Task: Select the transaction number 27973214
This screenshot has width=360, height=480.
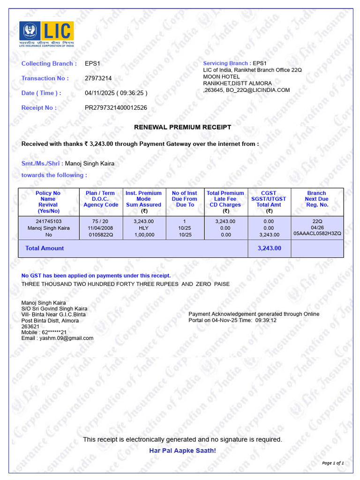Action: coord(98,78)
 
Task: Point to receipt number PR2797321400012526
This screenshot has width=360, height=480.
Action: coord(116,108)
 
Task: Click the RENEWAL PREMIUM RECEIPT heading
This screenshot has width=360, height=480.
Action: coord(183,127)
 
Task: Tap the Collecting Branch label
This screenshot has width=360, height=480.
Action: coord(49,64)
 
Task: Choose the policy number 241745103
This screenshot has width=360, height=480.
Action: coord(48,221)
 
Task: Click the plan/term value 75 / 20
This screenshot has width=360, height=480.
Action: coord(100,221)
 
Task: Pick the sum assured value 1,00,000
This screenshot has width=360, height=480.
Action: coord(143,235)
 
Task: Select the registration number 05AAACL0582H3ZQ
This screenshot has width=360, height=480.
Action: coord(317,233)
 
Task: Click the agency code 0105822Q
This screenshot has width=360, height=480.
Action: coord(100,235)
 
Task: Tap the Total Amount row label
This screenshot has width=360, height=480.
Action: coord(45,248)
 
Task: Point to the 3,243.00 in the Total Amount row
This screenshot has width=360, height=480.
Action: coord(269,248)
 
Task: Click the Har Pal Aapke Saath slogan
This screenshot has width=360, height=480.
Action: coord(182,451)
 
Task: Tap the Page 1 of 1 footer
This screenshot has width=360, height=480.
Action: coord(333,463)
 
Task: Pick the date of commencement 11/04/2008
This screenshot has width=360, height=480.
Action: coord(100,228)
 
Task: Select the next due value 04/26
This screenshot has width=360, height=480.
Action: coord(317,227)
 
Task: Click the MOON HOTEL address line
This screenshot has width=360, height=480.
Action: coord(221,77)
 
